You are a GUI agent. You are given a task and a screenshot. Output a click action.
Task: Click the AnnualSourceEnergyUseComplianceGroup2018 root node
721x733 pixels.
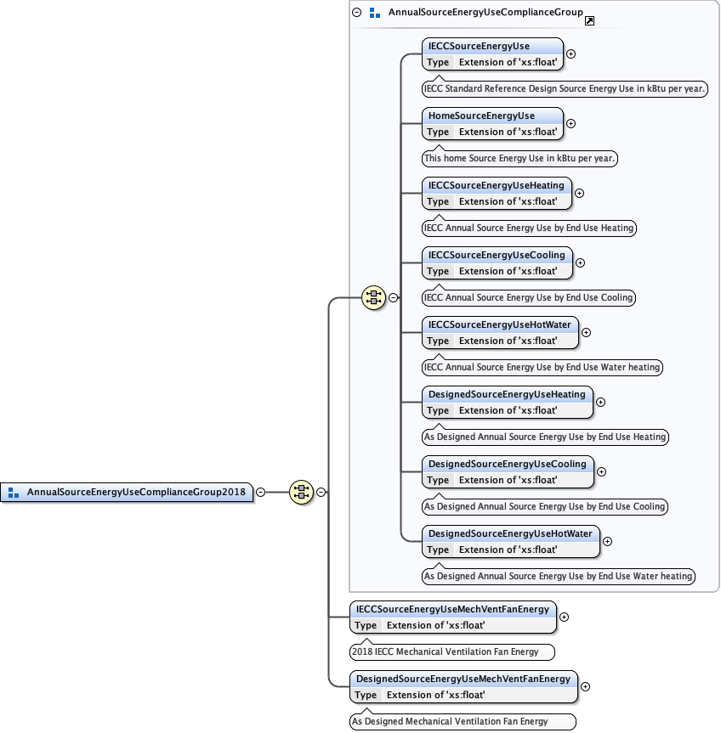(x=136, y=492)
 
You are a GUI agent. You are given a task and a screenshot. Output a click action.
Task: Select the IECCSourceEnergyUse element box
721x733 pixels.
(x=492, y=54)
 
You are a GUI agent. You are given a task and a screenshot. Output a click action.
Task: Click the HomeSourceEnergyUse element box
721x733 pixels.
(x=492, y=123)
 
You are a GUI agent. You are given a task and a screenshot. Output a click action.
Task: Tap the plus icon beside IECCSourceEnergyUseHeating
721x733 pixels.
(x=580, y=193)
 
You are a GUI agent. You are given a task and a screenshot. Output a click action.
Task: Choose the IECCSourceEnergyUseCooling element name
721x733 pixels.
(x=497, y=255)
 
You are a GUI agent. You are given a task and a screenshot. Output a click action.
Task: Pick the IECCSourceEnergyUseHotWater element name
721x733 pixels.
(x=500, y=324)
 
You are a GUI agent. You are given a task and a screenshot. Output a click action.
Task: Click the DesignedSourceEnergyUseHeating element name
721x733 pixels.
(x=507, y=394)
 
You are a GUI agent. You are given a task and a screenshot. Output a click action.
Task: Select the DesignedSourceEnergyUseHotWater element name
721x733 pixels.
(x=510, y=533)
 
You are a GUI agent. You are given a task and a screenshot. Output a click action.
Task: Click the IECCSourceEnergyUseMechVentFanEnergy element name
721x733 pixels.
(x=454, y=609)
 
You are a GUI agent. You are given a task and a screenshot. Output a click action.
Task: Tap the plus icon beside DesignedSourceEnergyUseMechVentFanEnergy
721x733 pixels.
(x=585, y=686)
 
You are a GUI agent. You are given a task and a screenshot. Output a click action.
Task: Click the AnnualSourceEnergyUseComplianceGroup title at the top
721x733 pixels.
(x=485, y=13)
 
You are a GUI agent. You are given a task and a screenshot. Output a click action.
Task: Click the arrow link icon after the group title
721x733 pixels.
(x=590, y=19)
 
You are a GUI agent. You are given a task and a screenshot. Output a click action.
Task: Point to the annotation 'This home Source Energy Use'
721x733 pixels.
(x=520, y=158)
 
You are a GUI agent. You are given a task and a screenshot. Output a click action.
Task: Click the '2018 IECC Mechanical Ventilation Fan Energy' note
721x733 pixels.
(x=451, y=652)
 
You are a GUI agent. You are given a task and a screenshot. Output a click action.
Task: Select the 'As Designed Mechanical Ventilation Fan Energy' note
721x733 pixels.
(x=463, y=722)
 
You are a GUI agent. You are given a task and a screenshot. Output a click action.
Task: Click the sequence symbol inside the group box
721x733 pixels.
(x=373, y=297)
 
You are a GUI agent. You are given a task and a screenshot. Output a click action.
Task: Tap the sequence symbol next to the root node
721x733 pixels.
(x=301, y=492)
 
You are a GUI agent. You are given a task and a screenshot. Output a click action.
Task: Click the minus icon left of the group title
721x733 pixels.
(x=357, y=13)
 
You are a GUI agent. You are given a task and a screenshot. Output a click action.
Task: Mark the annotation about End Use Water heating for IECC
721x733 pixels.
(x=542, y=367)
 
